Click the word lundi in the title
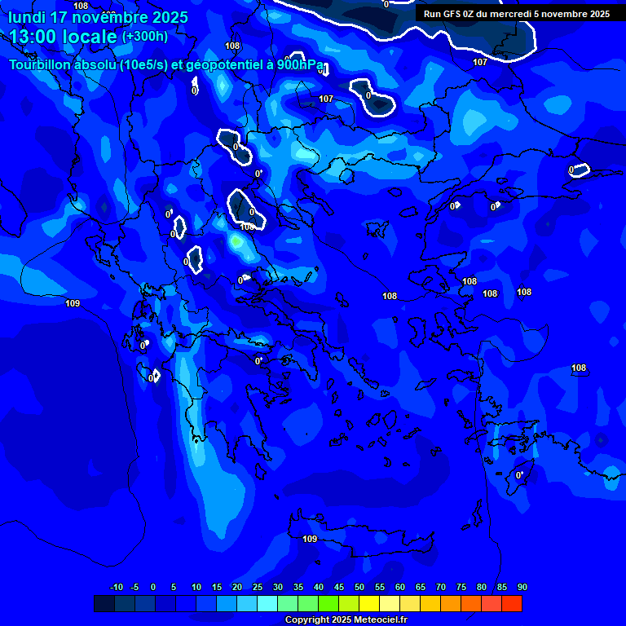[27, 17]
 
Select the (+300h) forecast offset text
[145, 37]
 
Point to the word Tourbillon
[42, 65]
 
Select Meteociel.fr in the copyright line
[375, 620]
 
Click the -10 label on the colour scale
[116, 588]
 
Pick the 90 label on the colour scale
[522, 588]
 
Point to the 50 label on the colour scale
[359, 588]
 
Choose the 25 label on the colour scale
[258, 588]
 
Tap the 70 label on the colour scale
[441, 588]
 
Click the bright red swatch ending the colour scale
[512, 603]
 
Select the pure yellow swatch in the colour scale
[369, 603]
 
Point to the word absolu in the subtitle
[96, 65]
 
